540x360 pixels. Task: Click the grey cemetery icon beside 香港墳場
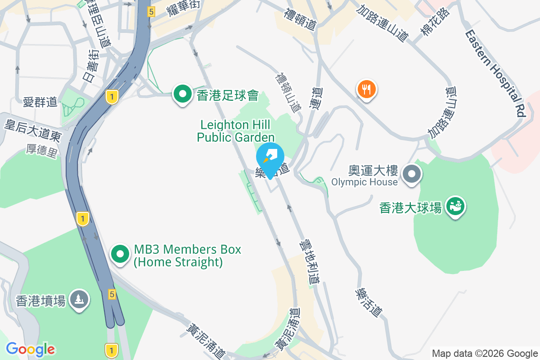[80, 299]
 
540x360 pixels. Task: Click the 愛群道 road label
[40, 102]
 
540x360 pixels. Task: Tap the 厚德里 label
[41, 151]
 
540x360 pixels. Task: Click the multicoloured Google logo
[31, 349]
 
